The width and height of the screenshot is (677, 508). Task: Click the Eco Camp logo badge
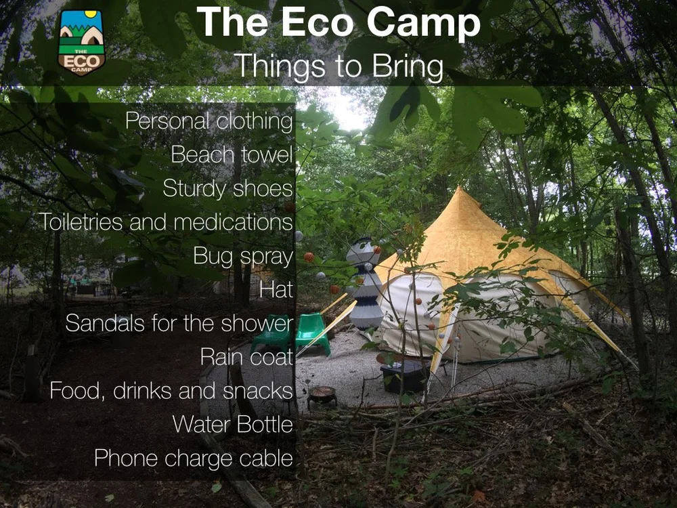pos(81,42)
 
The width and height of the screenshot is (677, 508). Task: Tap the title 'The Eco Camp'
pos(338,23)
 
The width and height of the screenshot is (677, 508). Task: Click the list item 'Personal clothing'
pos(209,122)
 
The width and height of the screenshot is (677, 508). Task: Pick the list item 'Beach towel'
pos(232,155)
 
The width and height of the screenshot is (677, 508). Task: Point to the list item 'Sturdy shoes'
pos(227,189)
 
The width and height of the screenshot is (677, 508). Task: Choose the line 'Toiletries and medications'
pos(165,222)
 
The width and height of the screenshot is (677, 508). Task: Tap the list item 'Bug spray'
pos(243,257)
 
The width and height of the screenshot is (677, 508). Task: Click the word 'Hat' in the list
pos(276,290)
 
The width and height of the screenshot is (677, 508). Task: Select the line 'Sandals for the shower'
pos(179,324)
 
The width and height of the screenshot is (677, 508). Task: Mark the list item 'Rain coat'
pos(246,357)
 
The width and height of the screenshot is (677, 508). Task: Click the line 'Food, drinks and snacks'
pos(171,391)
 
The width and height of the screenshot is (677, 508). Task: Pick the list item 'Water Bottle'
pos(232,425)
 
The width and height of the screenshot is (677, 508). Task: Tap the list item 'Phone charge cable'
pos(194,459)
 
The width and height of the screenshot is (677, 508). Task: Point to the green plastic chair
pos(312,332)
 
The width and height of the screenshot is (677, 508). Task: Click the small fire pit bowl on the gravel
pos(322,394)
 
